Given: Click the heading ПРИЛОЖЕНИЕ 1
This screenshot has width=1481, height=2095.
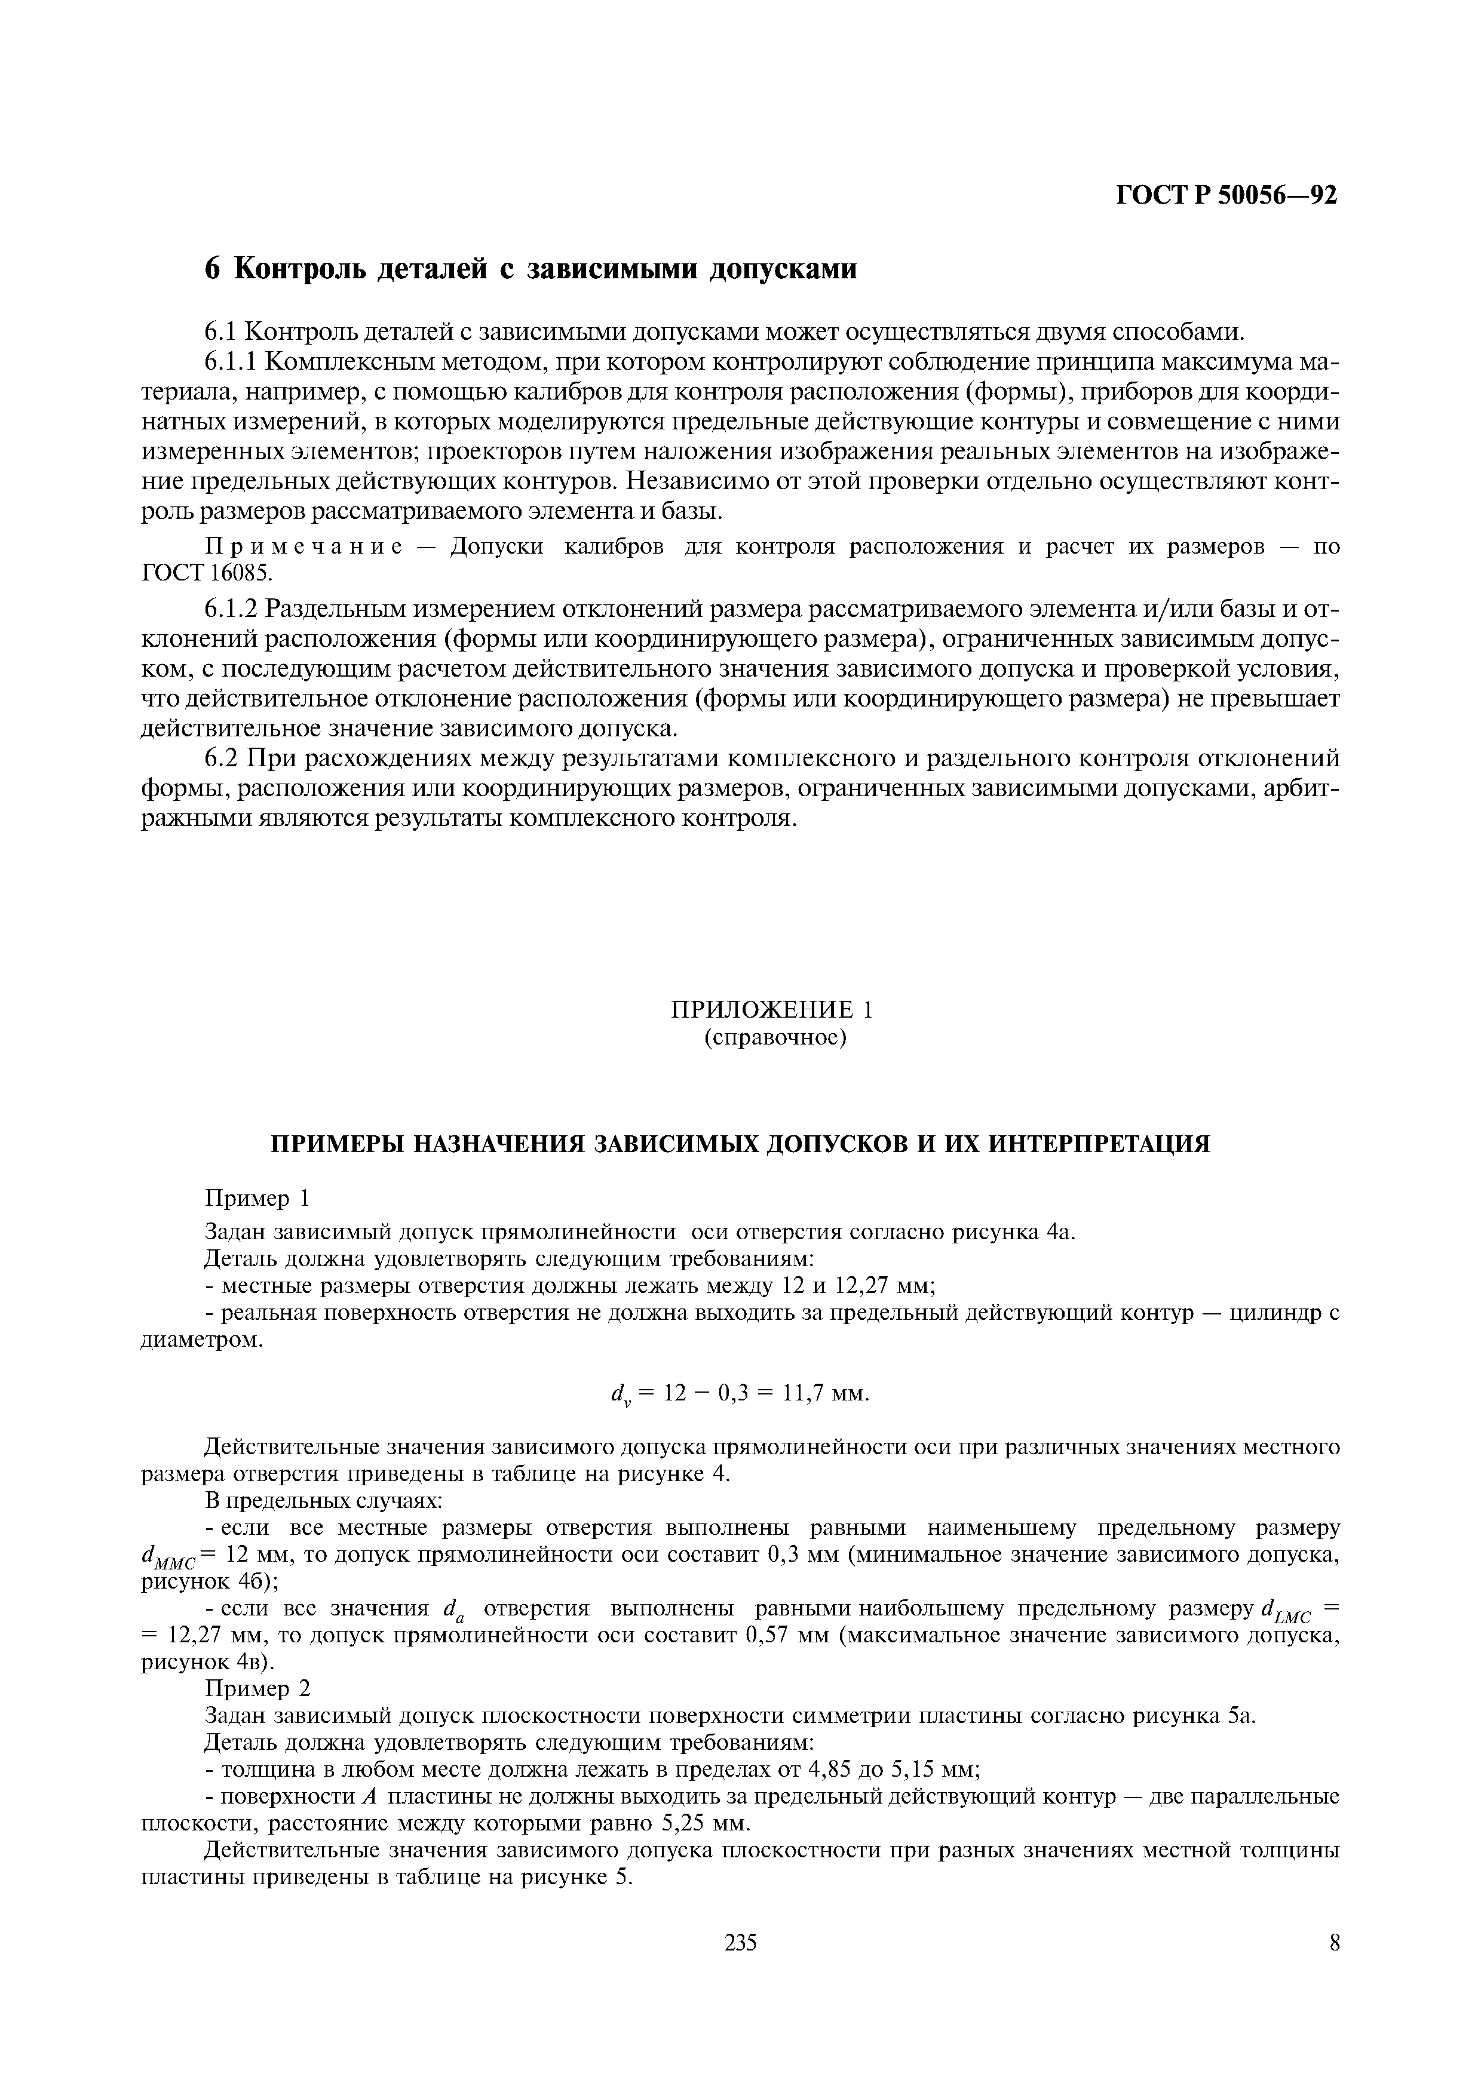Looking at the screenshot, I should pos(772,1009).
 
